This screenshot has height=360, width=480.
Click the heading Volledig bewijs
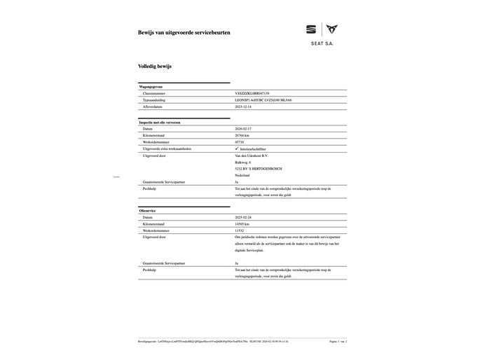(155, 66)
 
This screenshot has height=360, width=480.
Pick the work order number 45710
(240, 142)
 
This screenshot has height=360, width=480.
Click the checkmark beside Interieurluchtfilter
(236, 149)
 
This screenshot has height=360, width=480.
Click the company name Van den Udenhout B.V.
(252, 155)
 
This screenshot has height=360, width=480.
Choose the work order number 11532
(240, 230)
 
